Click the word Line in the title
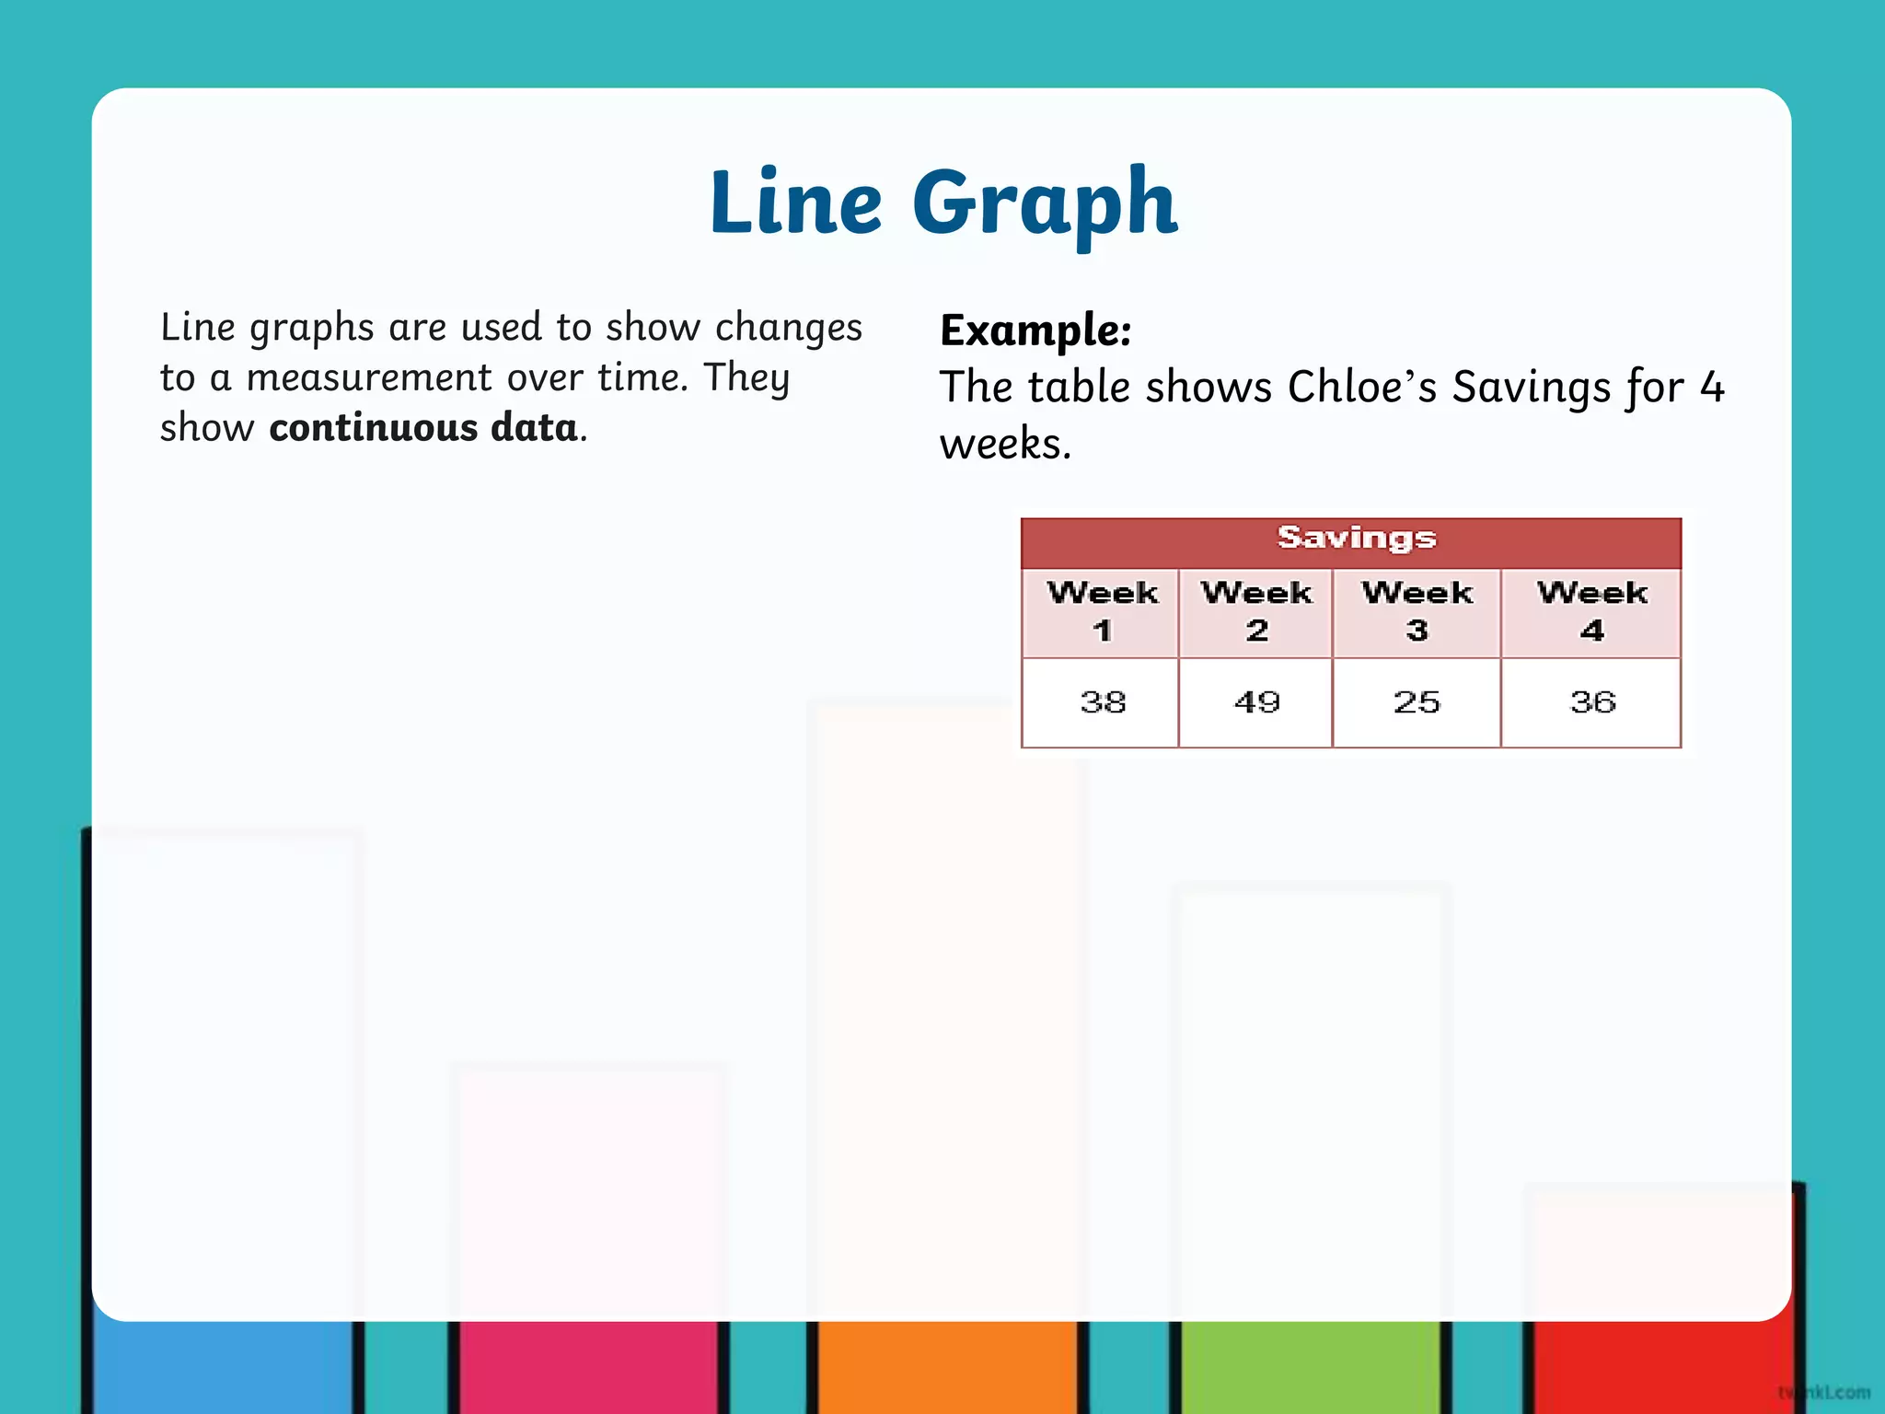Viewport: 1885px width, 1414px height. (795, 202)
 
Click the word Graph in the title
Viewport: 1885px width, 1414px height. (1045, 204)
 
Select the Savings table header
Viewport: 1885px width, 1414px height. (1356, 539)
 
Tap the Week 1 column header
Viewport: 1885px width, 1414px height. (1102, 611)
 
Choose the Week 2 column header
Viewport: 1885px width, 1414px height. (1256, 611)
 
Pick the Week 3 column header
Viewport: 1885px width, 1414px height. (1417, 611)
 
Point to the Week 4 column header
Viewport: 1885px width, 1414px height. (1591, 611)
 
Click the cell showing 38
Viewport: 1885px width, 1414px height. (1102, 702)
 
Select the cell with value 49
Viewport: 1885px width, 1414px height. (1256, 702)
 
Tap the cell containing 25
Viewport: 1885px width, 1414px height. (1417, 702)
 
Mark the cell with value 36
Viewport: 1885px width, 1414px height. (1591, 702)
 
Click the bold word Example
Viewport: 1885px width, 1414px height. (1035, 330)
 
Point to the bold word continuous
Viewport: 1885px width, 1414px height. (373, 428)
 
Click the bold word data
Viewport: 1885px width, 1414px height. (534, 428)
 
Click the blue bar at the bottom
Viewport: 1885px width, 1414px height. (222, 1367)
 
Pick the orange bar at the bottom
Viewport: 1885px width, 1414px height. (947, 1367)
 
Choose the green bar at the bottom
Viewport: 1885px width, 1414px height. (1311, 1367)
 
